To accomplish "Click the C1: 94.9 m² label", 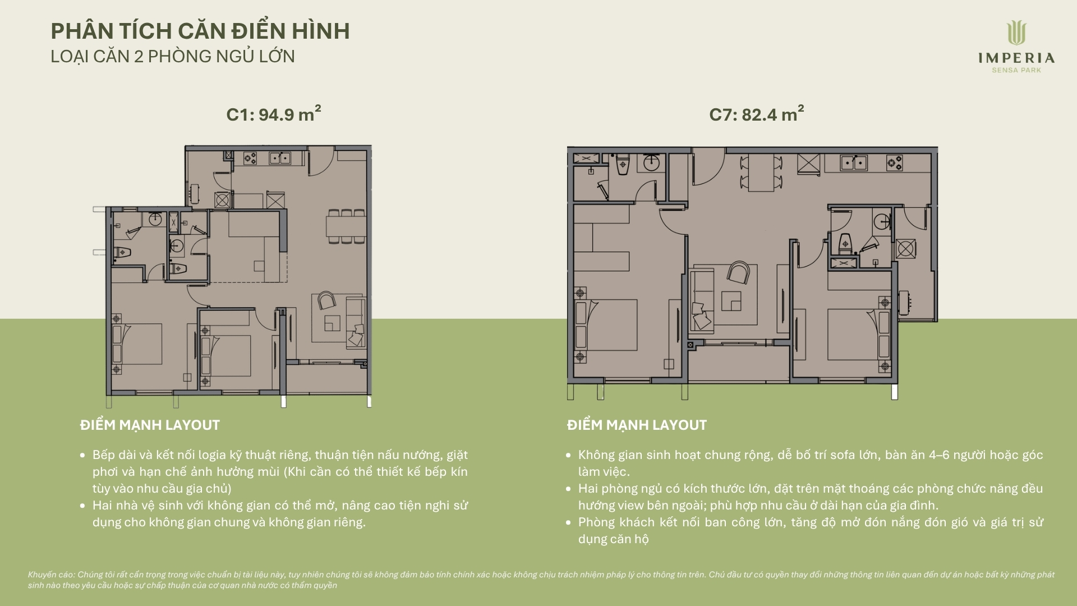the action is click(x=274, y=113).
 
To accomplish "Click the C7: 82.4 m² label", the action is click(x=757, y=113).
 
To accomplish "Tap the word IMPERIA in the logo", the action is click(x=1016, y=58).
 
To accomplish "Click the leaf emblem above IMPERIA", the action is click(x=1016, y=33).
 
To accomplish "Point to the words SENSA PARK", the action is click(x=1016, y=70).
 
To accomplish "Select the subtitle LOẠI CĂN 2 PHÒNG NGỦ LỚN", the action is click(x=173, y=56).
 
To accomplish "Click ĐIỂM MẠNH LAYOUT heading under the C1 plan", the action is click(x=150, y=425).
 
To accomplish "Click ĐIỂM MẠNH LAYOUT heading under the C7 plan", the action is click(x=637, y=425).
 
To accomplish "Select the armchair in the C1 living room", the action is click(x=326, y=300).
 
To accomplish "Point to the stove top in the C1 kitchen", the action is click(x=250, y=159).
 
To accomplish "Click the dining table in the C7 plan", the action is click(x=761, y=173).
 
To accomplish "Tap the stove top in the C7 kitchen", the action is click(x=894, y=163).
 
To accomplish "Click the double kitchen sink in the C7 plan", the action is click(x=854, y=163).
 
